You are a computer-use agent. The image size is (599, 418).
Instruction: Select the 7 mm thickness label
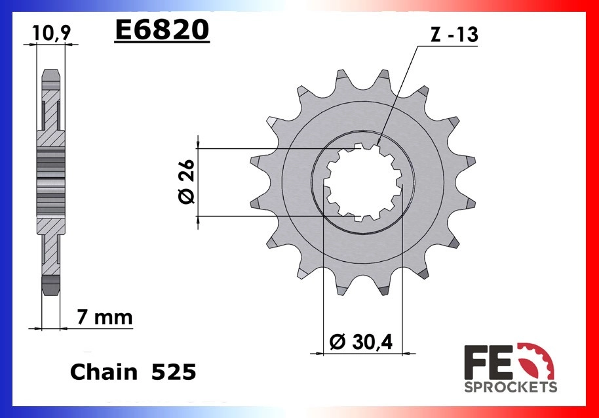click(105, 317)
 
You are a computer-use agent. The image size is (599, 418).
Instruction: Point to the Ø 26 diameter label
click(186, 182)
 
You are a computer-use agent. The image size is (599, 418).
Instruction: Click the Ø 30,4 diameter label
click(361, 341)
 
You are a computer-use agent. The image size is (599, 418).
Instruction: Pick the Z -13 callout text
click(454, 34)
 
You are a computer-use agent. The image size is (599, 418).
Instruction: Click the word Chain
click(104, 371)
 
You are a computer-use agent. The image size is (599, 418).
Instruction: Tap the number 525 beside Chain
click(174, 371)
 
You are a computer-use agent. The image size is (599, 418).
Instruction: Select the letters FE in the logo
click(488, 362)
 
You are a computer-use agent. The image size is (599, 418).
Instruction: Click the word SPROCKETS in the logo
click(511, 387)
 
